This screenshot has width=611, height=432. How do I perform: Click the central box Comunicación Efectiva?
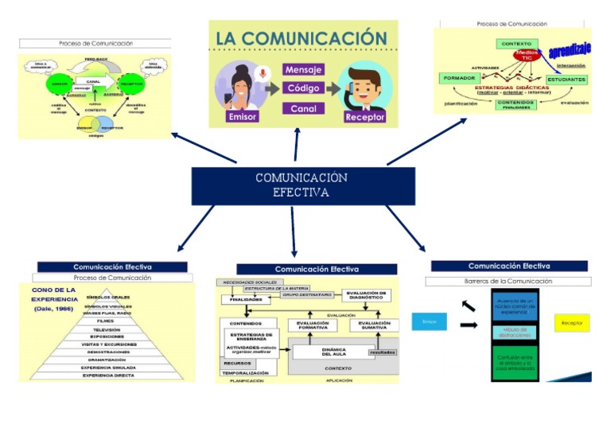pos(302,186)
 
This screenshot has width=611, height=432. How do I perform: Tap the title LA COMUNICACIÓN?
pos(302,38)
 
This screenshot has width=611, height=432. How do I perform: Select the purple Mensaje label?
pos(303,69)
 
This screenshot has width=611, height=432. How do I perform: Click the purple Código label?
pos(303,88)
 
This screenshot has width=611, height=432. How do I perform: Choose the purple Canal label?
pos(303,108)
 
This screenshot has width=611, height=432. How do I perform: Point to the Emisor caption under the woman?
pos(243,116)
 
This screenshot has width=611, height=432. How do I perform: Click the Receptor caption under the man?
pos(364,117)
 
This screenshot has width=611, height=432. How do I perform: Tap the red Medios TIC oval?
pos(527,55)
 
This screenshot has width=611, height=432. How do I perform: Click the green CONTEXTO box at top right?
pos(516,43)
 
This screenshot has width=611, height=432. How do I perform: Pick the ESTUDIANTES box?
pos(566,80)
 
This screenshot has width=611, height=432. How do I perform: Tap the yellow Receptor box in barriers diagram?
pos(571,323)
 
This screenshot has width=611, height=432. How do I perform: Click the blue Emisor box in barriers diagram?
pos(429,321)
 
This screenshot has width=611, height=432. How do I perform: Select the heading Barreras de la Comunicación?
pos(508,281)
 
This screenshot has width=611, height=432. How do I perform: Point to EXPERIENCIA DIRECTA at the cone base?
pos(107,376)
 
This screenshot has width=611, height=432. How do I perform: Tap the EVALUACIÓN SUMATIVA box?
pos(374,325)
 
